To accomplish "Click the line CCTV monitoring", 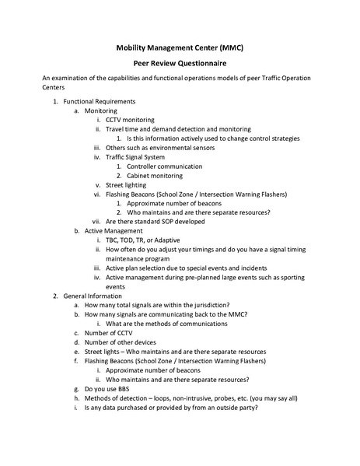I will [131, 121].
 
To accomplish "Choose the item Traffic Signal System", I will [135, 157].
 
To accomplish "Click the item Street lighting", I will [126, 185].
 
